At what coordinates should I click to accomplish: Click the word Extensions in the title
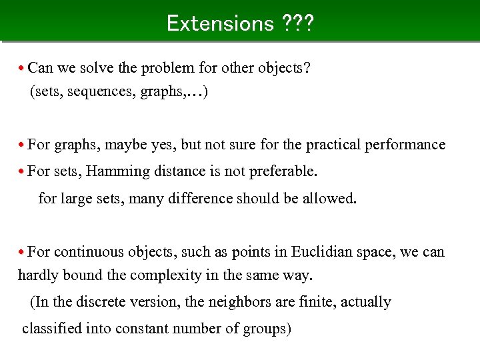pos(220,23)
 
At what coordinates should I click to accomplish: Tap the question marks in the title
pos(297,23)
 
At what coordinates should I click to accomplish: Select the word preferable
pos(283,171)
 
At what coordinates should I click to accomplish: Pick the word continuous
pos(85,252)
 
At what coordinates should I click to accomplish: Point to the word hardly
pos(39,275)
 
